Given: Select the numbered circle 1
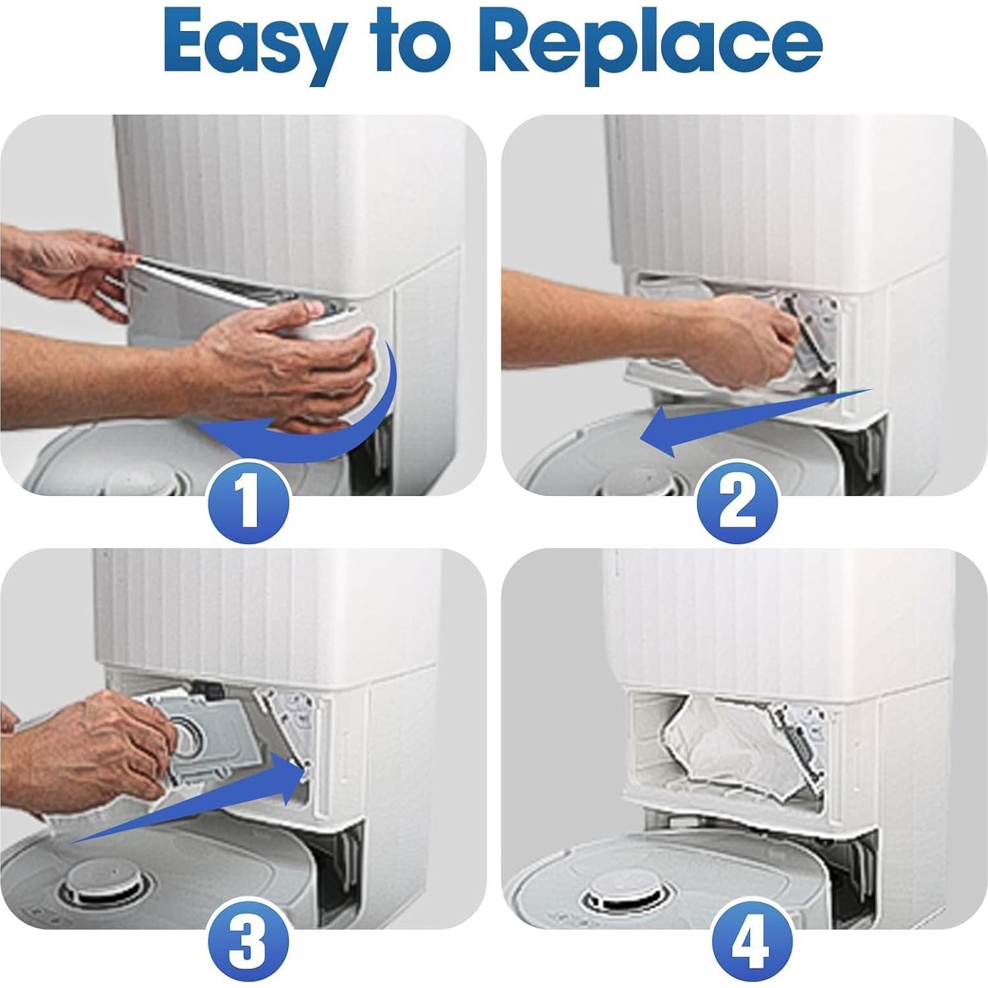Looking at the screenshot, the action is (248, 501).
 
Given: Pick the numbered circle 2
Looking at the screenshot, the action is (737, 501).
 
